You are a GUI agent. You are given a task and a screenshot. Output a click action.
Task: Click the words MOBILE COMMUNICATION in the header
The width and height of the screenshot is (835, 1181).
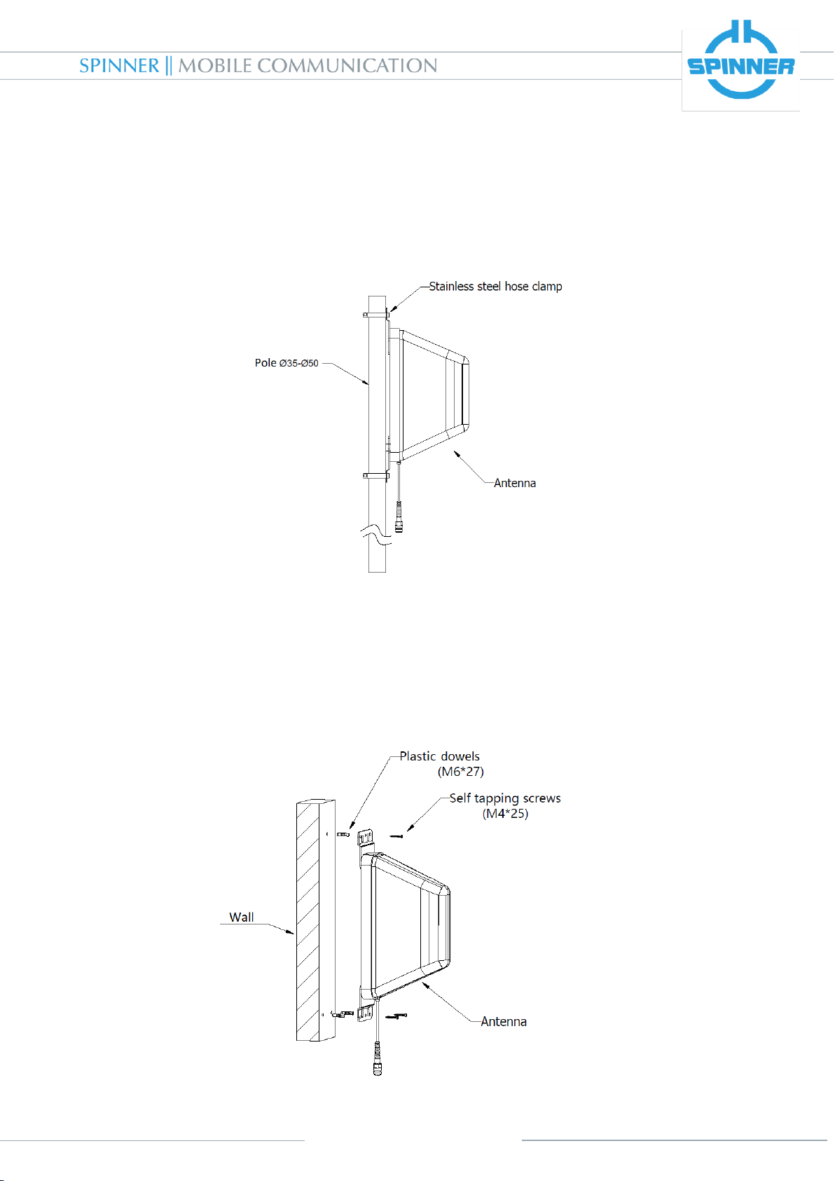click(x=308, y=66)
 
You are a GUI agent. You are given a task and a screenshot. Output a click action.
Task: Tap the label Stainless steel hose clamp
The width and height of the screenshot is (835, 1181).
click(x=495, y=286)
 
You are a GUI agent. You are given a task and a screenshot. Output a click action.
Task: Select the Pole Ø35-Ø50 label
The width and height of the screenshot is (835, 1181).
click(x=287, y=363)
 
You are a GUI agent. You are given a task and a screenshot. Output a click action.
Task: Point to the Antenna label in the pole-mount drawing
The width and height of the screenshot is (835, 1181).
click(x=515, y=483)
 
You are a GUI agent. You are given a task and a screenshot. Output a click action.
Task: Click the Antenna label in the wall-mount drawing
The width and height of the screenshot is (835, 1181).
click(x=504, y=1021)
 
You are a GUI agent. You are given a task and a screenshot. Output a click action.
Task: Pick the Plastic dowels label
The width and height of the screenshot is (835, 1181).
click(x=439, y=756)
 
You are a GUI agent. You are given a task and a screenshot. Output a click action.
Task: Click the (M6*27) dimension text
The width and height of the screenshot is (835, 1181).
click(x=461, y=772)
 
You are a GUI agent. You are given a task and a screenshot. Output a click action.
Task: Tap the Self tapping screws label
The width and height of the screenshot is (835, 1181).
click(x=505, y=798)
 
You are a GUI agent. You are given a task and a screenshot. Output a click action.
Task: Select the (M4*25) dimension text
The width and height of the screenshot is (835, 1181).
click(x=505, y=814)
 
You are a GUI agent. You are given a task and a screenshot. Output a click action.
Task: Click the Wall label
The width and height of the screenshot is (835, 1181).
click(x=242, y=917)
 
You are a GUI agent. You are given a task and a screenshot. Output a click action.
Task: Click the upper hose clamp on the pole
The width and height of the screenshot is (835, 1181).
click(x=376, y=315)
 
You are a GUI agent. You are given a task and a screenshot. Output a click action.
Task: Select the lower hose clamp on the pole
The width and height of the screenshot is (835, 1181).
click(x=376, y=476)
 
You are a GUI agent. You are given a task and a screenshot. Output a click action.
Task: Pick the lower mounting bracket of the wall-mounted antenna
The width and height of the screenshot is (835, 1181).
click(x=365, y=1013)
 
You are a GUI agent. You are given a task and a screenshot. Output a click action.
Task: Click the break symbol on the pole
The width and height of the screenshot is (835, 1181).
click(x=378, y=534)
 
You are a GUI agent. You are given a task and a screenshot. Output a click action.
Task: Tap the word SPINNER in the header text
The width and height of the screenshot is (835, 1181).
click(x=119, y=66)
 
